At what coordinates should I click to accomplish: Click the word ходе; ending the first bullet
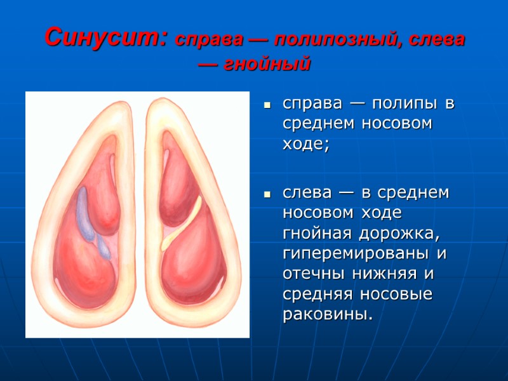pyautogui.click(x=306, y=144)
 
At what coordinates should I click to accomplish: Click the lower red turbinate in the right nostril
pyautogui.click(x=194, y=260)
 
